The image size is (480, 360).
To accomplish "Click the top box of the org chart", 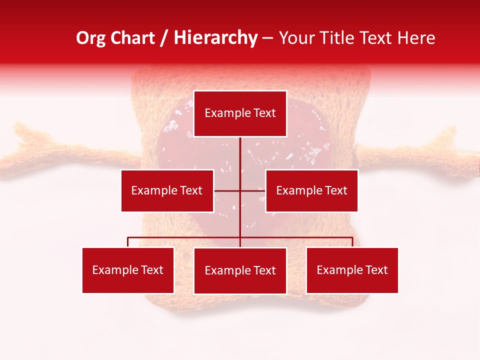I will pos(240,113).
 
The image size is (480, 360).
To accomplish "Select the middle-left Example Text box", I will pos(167,190).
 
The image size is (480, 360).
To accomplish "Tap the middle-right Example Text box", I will pos(311,190).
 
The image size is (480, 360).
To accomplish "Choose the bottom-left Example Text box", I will pos(128,270).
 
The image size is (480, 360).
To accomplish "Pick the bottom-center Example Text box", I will pos(240,270).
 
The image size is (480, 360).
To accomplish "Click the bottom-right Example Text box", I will pos(352,270).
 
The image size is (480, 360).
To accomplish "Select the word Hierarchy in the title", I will pos(215,38).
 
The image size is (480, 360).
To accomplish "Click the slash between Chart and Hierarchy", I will pos(164,38).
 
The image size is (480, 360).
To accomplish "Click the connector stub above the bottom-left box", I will pos(128,242).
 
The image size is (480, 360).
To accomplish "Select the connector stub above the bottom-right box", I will pos(352,242).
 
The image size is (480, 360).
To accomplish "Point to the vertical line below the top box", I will pos(240,160).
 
